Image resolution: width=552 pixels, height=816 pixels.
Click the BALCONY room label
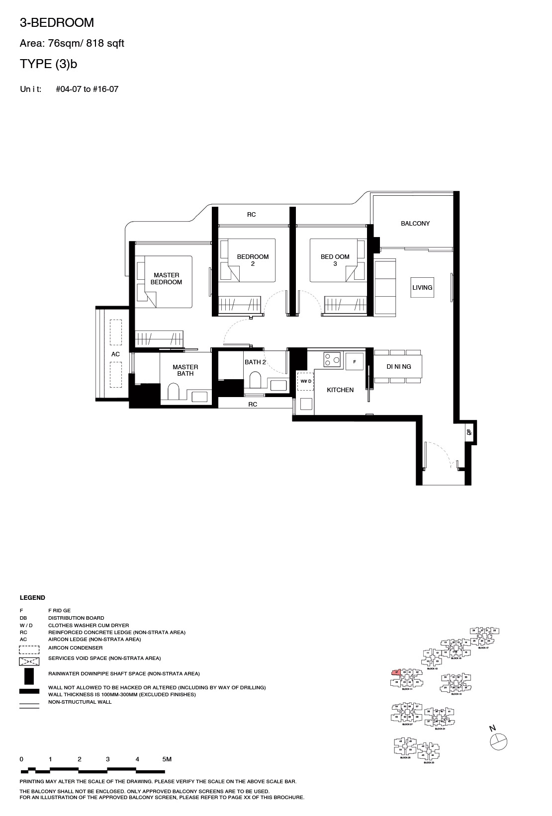pyautogui.click(x=415, y=224)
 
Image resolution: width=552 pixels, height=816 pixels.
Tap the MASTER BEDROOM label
pyautogui.click(x=166, y=278)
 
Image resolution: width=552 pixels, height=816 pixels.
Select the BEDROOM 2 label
pyautogui.click(x=253, y=260)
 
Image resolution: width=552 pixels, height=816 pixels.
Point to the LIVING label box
pyautogui.click(x=422, y=288)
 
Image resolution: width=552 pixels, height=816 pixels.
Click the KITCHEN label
pyautogui.click(x=340, y=390)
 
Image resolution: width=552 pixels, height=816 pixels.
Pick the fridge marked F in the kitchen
pyautogui.click(x=355, y=362)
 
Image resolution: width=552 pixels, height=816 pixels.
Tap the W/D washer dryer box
pyautogui.click(x=305, y=381)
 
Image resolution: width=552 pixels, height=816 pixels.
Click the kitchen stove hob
pyautogui.click(x=332, y=359)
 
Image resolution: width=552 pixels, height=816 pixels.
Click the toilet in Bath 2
pyautogui.click(x=255, y=381)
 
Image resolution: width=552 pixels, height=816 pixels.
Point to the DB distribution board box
pyautogui.click(x=469, y=432)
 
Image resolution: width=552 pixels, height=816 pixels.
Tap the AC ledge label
pyautogui.click(x=115, y=354)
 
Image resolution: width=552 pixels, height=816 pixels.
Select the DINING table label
pyautogui.click(x=399, y=367)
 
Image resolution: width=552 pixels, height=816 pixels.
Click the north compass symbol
pyautogui.click(x=498, y=741)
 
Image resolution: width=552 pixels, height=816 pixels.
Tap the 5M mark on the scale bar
pyautogui.click(x=167, y=759)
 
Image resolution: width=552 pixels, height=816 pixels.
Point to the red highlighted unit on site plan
pyautogui.click(x=396, y=673)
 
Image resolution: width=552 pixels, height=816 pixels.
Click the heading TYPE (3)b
pyautogui.click(x=48, y=64)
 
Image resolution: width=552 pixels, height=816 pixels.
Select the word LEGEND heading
pyautogui.click(x=32, y=598)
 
